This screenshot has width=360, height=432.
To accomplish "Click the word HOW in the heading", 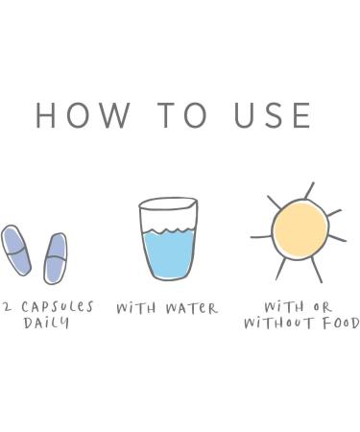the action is pyautogui.click(x=83, y=115).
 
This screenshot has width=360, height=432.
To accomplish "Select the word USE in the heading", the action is pyautogui.click(x=273, y=115).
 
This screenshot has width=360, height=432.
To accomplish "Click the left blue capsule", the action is pyautogui.click(x=16, y=251).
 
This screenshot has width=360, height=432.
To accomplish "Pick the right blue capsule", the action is pyautogui.click(x=56, y=258).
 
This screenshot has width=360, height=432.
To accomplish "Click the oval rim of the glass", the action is pyautogui.click(x=168, y=204).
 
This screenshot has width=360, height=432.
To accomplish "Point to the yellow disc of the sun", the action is pyautogui.click(x=300, y=229).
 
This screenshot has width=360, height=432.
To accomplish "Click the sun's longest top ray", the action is pyautogui.click(x=309, y=191).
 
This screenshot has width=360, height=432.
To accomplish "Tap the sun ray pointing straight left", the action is pyautogui.click(x=261, y=237).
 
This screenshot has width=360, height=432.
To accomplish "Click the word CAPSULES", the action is pyautogui.click(x=58, y=307).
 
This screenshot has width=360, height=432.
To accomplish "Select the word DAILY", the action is pyautogui.click(x=46, y=323).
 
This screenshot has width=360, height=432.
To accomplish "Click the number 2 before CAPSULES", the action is pyautogui.click(x=8, y=308).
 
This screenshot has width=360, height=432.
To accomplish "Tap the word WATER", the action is pyautogui.click(x=192, y=308).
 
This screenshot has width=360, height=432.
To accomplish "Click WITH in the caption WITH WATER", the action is pyautogui.click(x=136, y=308).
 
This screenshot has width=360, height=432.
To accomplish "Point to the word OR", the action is pyautogui.click(x=323, y=307).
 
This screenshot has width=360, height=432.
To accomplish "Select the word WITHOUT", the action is pyautogui.click(x=277, y=324).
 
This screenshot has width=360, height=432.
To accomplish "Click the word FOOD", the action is pyautogui.click(x=341, y=324).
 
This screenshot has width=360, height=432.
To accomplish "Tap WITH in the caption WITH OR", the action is pyautogui.click(x=284, y=307).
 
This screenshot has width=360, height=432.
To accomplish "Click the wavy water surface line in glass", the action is pyautogui.click(x=168, y=231).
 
